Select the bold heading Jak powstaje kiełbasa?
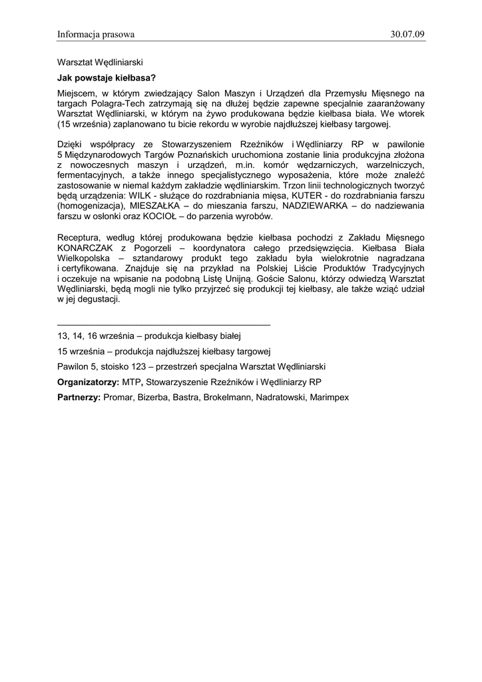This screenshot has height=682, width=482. [x=107, y=78]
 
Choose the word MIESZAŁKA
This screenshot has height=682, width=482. [x=158, y=206]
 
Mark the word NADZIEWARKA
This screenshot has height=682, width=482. [x=317, y=206]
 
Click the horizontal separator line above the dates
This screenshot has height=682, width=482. [x=164, y=324]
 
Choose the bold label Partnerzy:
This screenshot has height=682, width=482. [x=79, y=397]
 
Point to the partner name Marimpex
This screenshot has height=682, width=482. [x=329, y=397]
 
